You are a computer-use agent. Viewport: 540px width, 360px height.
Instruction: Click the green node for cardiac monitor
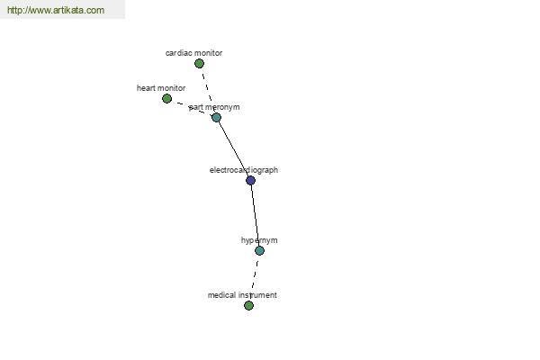(x=199, y=63)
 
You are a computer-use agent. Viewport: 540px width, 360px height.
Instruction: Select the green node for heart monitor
(x=166, y=98)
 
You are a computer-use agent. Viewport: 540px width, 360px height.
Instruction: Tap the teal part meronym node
(x=216, y=118)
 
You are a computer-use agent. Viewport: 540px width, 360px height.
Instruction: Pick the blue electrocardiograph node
(x=251, y=180)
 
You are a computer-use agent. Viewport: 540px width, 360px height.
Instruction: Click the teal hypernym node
(x=260, y=250)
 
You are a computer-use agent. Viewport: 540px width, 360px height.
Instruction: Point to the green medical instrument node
(x=248, y=305)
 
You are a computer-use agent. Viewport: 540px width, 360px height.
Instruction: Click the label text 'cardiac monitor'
(x=193, y=53)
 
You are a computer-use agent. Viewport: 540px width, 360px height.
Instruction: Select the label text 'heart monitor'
(x=161, y=88)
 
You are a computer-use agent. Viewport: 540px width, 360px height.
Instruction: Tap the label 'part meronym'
(x=214, y=107)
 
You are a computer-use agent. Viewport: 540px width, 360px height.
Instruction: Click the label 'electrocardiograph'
(x=244, y=170)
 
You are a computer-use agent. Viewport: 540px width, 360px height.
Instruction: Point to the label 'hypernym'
(x=259, y=240)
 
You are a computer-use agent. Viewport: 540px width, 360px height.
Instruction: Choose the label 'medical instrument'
(x=242, y=295)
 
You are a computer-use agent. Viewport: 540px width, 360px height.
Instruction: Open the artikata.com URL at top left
(x=56, y=10)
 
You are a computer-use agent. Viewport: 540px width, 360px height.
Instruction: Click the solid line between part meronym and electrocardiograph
(x=233, y=148)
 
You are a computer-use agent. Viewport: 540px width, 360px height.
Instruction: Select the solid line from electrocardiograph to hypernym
(x=256, y=215)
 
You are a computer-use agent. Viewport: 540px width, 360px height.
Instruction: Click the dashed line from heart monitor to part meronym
(x=192, y=108)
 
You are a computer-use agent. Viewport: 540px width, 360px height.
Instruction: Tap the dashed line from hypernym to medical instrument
(x=255, y=278)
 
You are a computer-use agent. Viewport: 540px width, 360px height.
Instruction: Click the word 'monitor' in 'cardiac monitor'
(x=208, y=53)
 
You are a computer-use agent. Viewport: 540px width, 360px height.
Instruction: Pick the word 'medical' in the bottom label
(x=221, y=295)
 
